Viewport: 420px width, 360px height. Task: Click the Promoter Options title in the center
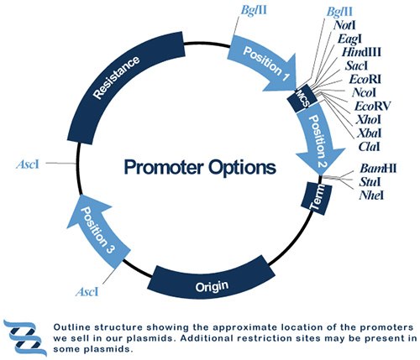(x=199, y=166)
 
